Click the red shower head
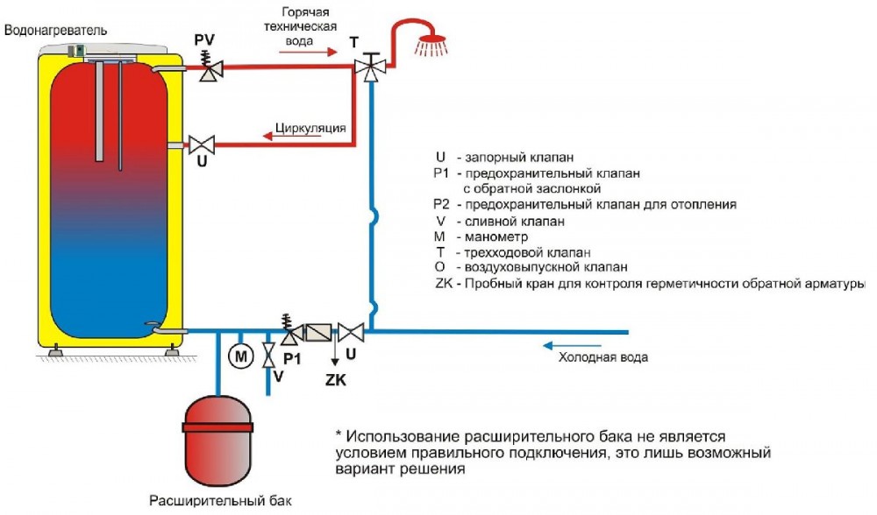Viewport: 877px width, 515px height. tap(429, 44)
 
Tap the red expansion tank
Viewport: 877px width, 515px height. tap(214, 438)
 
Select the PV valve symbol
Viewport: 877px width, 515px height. tap(210, 69)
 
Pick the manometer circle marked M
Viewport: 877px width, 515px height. tap(239, 356)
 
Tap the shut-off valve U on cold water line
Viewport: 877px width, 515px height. tap(352, 332)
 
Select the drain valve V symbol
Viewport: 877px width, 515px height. tap(269, 356)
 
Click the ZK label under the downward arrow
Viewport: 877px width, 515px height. tap(335, 381)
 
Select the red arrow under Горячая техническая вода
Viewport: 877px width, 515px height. tap(307, 52)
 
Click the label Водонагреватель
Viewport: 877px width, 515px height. tap(56, 31)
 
